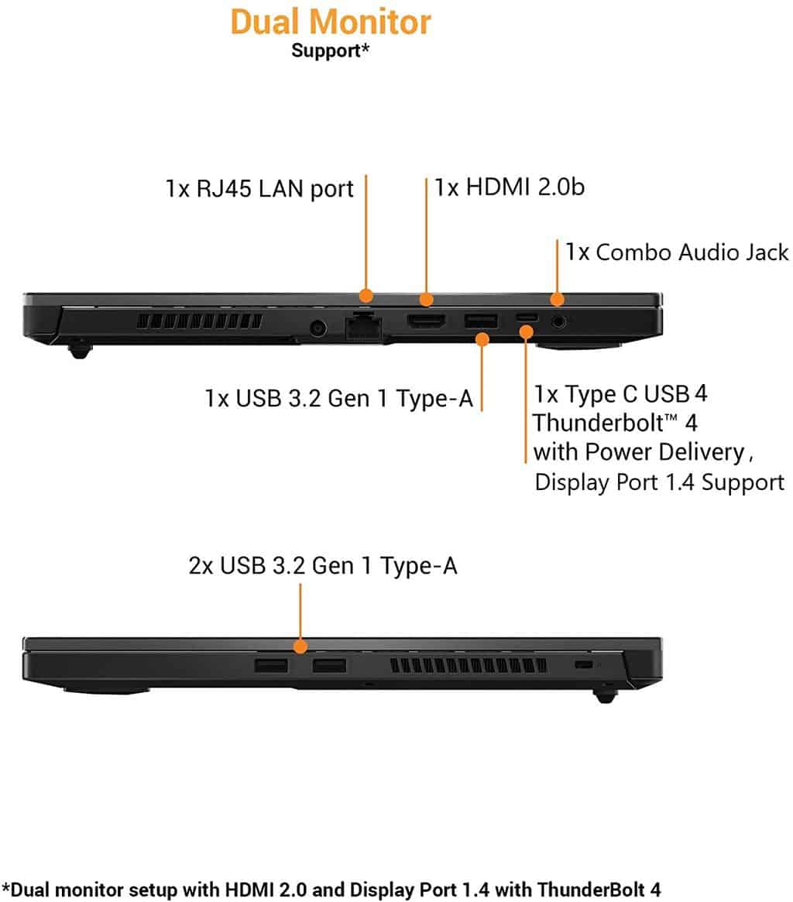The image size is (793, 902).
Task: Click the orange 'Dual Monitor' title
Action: pyautogui.click(x=331, y=22)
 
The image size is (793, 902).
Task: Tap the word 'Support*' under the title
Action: pyautogui.click(x=330, y=50)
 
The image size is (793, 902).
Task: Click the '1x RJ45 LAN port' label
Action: pyautogui.click(x=259, y=189)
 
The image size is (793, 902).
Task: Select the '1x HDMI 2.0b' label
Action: pyautogui.click(x=510, y=187)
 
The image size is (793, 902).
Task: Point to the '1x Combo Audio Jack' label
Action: pyautogui.click(x=677, y=252)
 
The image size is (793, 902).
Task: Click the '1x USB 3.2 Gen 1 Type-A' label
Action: pyautogui.click(x=339, y=398)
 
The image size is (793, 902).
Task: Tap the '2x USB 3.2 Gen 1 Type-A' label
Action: pyautogui.click(x=323, y=565)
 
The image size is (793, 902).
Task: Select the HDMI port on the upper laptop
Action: pyautogui.click(x=426, y=321)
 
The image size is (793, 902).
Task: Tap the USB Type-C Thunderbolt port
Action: pyautogui.click(x=527, y=317)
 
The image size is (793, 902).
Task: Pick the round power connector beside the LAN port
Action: pyautogui.click(x=318, y=328)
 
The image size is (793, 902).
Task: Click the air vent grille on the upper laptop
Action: pyautogui.click(x=200, y=321)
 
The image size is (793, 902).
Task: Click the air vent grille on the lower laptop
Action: pyautogui.click(x=469, y=666)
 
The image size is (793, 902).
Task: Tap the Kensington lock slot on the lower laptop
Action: pyautogui.click(x=584, y=665)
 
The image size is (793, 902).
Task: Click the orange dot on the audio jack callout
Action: pyautogui.click(x=557, y=299)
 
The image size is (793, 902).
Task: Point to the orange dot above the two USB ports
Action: pyautogui.click(x=300, y=646)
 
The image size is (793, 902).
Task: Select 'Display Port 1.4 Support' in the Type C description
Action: pyautogui.click(x=660, y=482)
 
